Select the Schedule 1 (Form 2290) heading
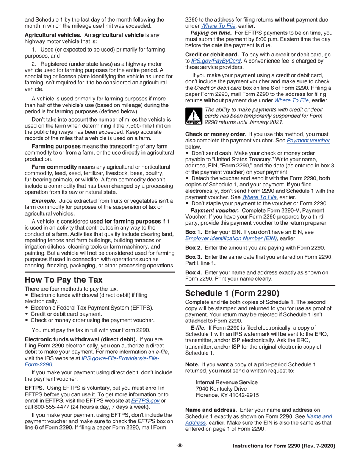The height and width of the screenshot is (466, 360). click(232, 293)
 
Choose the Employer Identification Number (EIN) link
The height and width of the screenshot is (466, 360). click(231, 238)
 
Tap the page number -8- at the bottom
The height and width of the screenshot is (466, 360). click(180, 446)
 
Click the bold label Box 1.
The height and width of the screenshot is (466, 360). click(194, 232)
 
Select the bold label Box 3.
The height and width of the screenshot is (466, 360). click(194, 257)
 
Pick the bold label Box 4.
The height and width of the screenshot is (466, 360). click(194, 273)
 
